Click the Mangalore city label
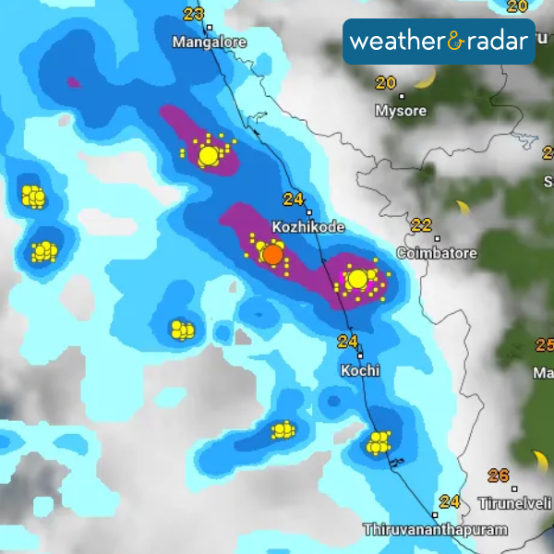click(210, 42)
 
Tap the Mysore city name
click(401, 111)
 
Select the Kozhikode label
click(308, 227)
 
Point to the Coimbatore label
click(437, 253)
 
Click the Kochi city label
click(360, 370)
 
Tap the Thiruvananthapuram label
click(436, 530)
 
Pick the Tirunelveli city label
click(515, 503)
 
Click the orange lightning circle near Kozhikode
click(272, 254)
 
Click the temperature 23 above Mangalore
click(194, 14)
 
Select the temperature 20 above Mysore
click(385, 83)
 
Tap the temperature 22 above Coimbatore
click(422, 225)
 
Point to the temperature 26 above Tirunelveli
click(499, 476)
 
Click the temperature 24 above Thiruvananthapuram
click(450, 502)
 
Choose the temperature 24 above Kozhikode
click(294, 199)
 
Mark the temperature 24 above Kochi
click(347, 342)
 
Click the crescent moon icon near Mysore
click(425, 81)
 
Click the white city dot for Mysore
click(402, 95)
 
